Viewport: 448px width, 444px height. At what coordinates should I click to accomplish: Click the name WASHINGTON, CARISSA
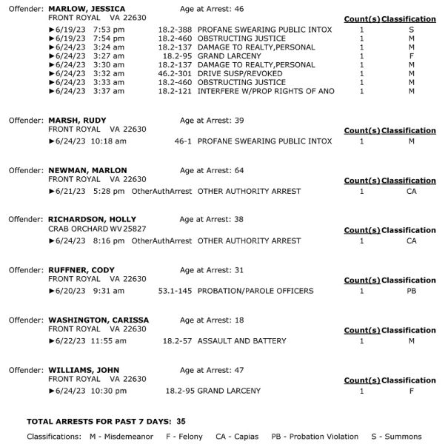coord(98,320)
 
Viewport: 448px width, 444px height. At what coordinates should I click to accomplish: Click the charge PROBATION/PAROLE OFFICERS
coord(255,291)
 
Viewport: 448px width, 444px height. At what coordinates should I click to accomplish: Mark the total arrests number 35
coord(181,420)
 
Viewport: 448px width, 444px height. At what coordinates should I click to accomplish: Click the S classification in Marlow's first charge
coord(411,29)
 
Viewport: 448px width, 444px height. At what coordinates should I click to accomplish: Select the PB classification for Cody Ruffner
coord(412,291)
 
